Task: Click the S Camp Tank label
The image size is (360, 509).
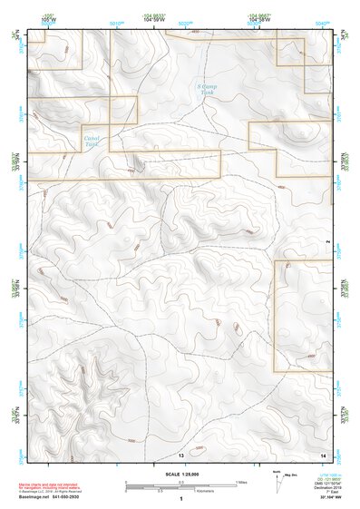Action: click(x=209, y=91)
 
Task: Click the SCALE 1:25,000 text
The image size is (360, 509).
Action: click(x=180, y=475)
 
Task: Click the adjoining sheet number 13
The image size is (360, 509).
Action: click(x=181, y=454)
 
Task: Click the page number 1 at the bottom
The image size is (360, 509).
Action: click(x=181, y=500)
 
